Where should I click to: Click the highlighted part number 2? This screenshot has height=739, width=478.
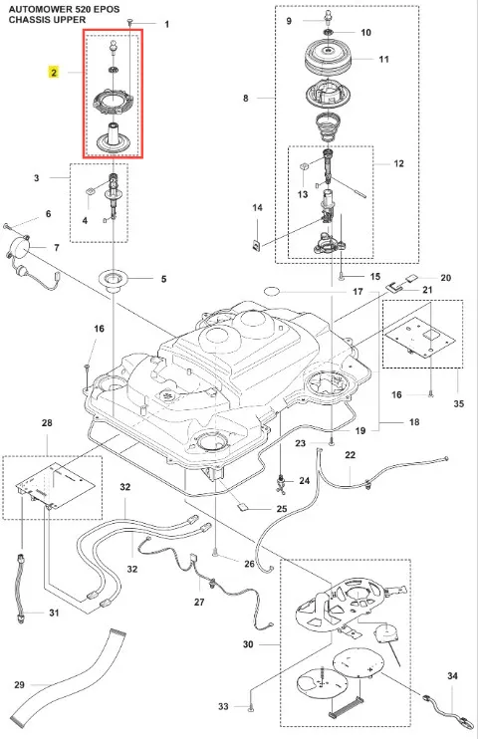coord(54,73)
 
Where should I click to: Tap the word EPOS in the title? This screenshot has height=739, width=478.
coord(107,9)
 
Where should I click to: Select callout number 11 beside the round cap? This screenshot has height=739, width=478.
coord(384,59)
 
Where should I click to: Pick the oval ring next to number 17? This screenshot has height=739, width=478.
coord(272,291)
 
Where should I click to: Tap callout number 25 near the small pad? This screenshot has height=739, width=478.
coord(282,509)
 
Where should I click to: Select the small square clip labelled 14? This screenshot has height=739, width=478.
coord(257,245)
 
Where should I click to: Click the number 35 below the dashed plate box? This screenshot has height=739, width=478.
coord(458,403)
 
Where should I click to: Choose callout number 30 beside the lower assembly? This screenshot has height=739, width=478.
coord(248,644)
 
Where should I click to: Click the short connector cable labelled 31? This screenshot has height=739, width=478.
coord(20,588)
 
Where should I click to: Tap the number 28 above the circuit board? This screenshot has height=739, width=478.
coord(47,422)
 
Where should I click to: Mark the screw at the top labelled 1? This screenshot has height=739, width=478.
coord(130,22)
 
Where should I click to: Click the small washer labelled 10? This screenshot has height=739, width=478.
coord(327,32)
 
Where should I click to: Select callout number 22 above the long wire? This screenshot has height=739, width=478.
coord(350,455)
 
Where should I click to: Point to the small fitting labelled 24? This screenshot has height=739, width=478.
coord(282,484)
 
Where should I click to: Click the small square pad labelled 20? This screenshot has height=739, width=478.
coord(409,278)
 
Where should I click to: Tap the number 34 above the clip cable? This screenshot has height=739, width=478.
coord(452,676)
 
